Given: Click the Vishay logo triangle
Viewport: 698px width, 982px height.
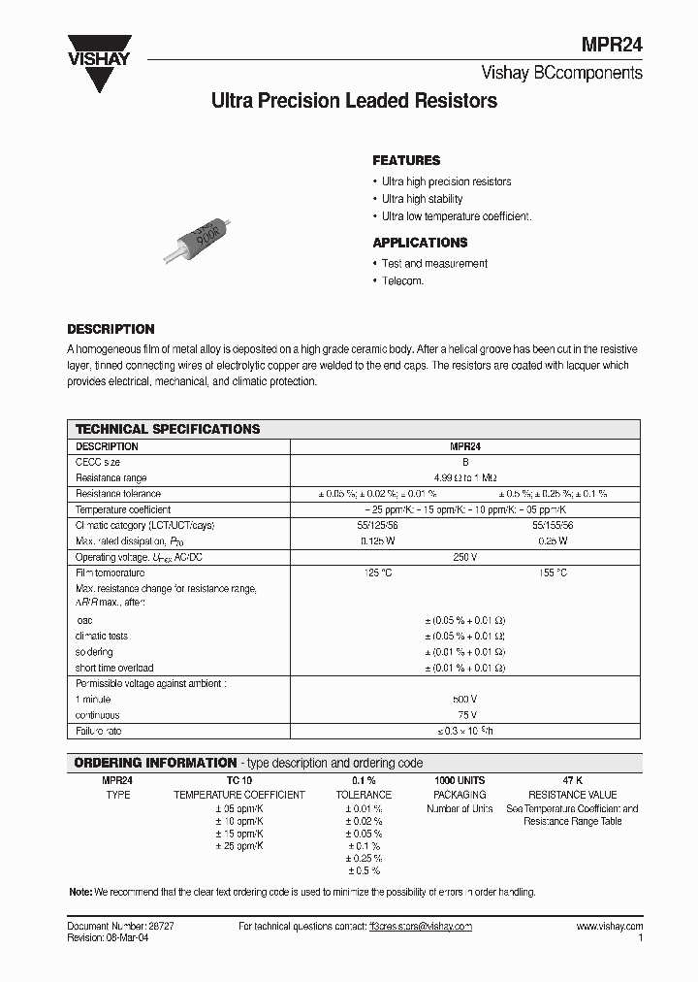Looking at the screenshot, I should point(98,69).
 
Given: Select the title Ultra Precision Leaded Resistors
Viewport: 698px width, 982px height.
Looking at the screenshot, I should point(354,101).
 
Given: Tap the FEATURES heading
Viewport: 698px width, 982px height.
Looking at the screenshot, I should point(406,160).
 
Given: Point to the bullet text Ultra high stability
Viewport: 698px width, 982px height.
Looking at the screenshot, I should point(422,199).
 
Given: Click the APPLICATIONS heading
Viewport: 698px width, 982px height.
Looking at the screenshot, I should point(420,243).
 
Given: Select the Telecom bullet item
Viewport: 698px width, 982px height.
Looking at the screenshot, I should point(402,280).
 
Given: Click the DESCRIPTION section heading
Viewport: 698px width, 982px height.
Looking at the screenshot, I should point(111,329).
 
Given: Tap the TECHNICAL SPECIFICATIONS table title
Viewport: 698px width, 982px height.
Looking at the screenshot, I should point(168,428).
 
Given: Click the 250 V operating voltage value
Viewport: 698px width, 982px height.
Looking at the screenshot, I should point(465,557).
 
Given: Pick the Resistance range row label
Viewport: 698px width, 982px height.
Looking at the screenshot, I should point(111,478).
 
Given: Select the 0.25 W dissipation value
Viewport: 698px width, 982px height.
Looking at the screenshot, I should point(552,540).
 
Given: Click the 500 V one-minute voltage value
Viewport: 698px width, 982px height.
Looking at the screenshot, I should point(465,699).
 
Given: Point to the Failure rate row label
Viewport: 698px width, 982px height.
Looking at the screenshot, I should point(99,730).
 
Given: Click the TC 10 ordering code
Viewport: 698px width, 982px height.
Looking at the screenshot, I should point(238,780).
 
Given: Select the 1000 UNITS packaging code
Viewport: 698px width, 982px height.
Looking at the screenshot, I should point(460,780).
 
